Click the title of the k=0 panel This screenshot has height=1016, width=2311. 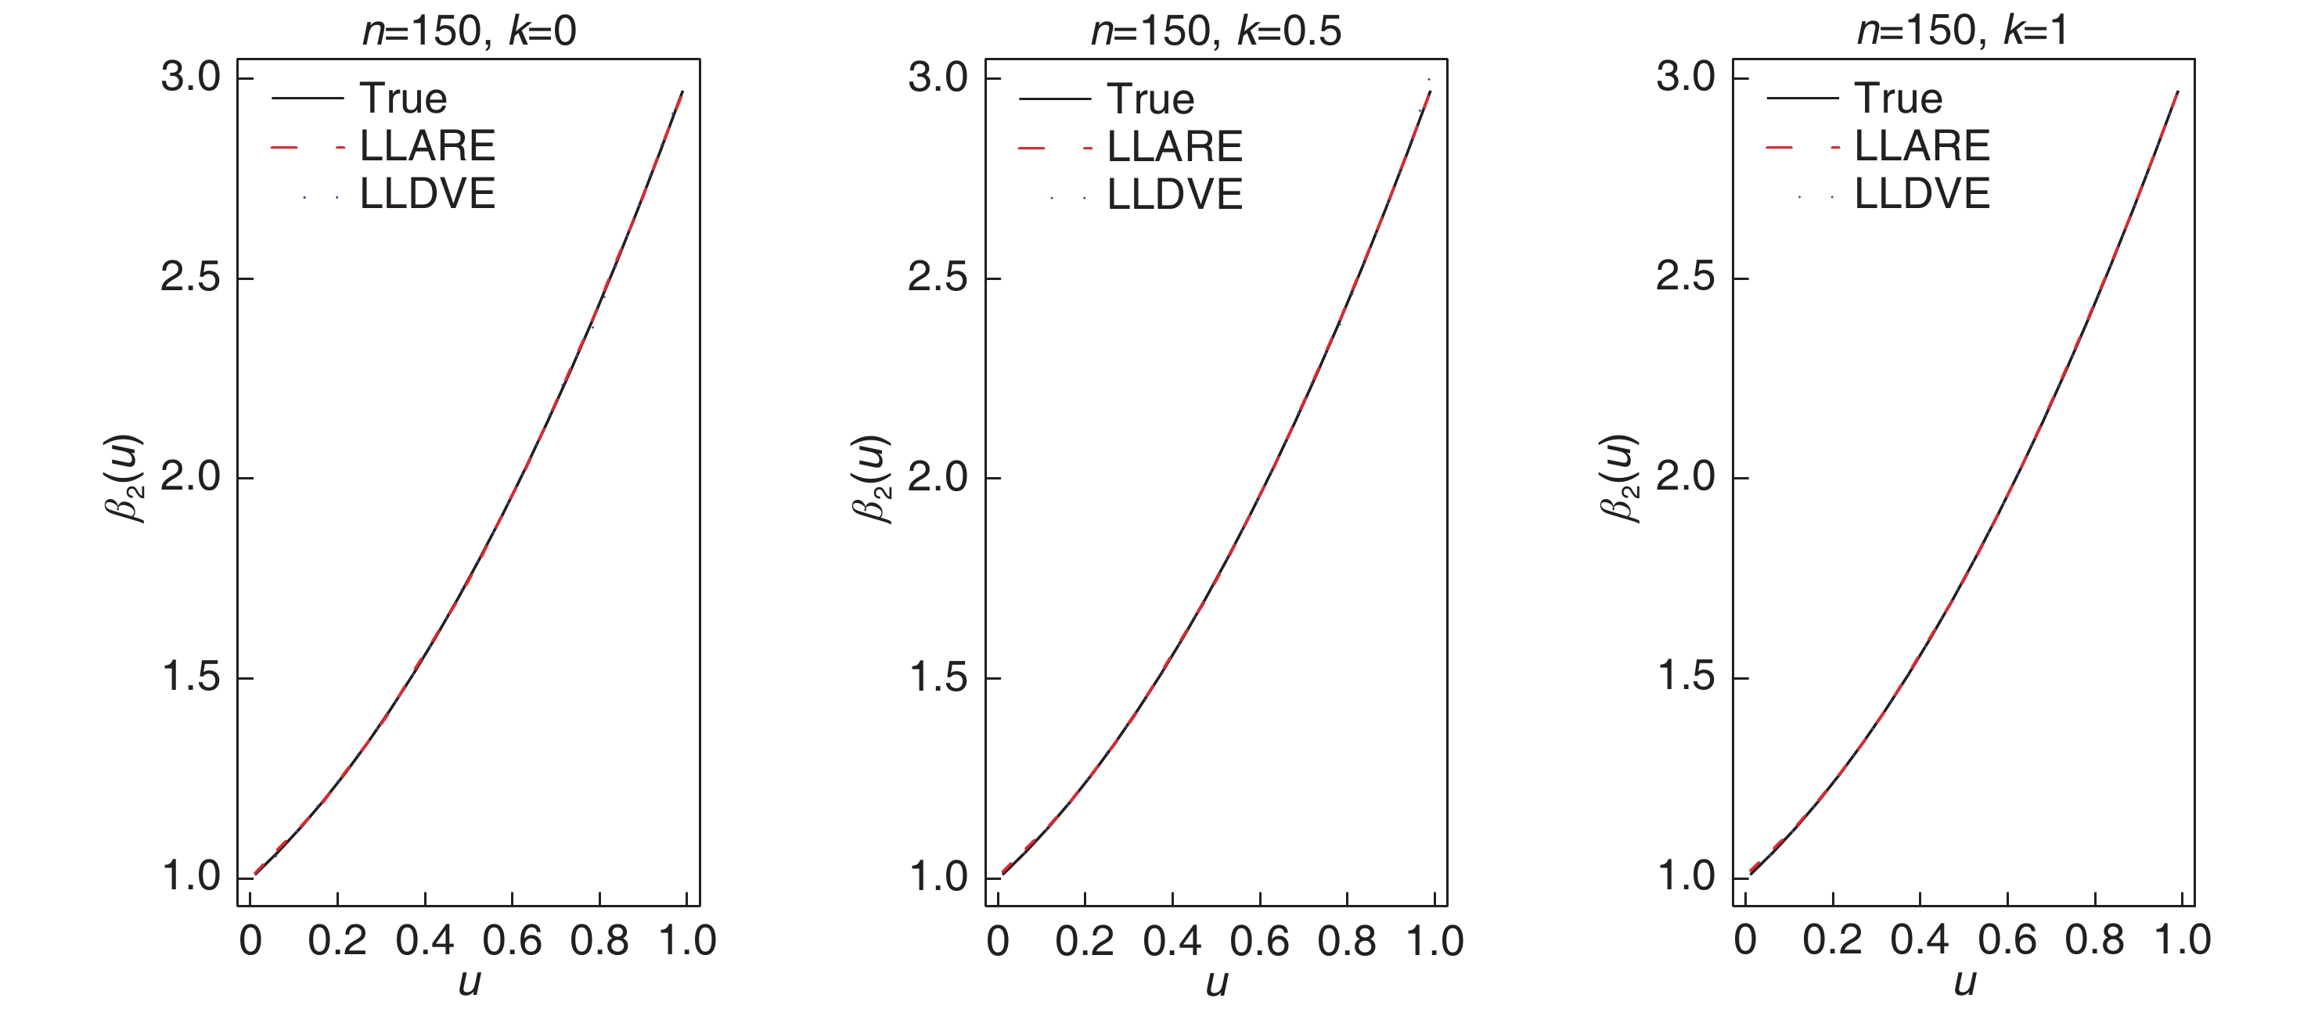coord(468,31)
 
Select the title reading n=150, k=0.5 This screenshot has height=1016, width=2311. coord(1215,31)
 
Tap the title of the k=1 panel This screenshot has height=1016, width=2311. coord(1963,31)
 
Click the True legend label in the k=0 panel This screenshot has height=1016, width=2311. coord(403,99)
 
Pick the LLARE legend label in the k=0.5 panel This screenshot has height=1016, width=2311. coord(1175,146)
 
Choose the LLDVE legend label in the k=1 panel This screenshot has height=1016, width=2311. coord(1921,194)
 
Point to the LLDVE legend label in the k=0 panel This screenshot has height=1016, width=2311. coord(427,194)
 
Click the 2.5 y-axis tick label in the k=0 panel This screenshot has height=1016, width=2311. coord(190,278)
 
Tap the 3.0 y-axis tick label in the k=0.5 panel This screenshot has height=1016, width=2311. coord(938,78)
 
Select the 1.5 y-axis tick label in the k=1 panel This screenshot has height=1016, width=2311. coord(1685,677)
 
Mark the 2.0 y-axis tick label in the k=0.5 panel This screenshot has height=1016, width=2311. coord(938,477)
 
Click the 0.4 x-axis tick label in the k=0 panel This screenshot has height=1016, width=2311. coord(424,941)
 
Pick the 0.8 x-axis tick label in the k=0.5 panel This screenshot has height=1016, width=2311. coord(1347,941)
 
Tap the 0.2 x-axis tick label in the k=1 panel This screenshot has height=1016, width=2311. coord(1832,941)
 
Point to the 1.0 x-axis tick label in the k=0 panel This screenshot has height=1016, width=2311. coord(686,941)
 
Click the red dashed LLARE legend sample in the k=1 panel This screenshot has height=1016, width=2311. coord(1802,146)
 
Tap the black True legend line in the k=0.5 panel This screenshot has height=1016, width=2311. coord(1054,99)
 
